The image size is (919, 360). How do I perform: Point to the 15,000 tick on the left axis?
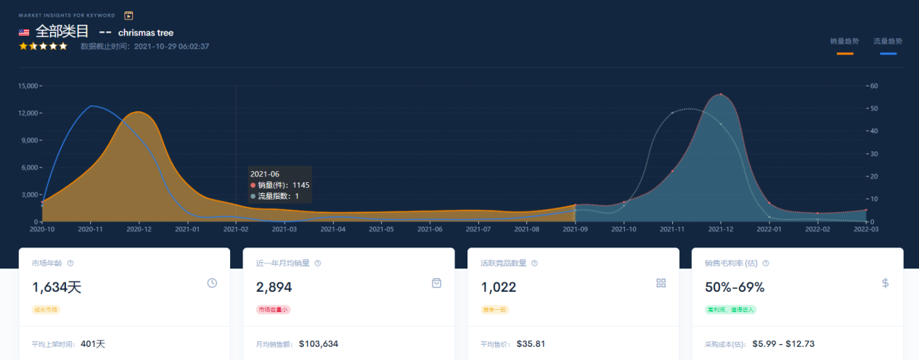(x=28, y=86)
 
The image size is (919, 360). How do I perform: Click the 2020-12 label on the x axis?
(x=139, y=229)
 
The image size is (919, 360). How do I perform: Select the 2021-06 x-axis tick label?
(x=430, y=229)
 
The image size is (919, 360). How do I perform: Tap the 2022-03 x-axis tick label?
(x=866, y=229)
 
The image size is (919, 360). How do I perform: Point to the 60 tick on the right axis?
(x=875, y=86)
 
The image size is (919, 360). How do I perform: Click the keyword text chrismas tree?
(x=146, y=33)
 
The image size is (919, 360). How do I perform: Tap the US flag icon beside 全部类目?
(x=24, y=33)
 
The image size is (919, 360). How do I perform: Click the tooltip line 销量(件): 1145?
(x=283, y=185)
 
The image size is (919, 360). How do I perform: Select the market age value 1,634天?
(x=57, y=287)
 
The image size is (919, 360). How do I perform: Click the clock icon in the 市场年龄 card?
(x=212, y=283)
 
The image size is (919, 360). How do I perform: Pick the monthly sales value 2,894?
(x=274, y=287)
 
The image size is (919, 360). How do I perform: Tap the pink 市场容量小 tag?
(x=273, y=309)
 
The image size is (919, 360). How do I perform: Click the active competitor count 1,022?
(x=499, y=287)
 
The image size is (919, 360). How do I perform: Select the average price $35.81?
(x=531, y=343)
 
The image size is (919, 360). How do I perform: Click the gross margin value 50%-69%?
(x=735, y=287)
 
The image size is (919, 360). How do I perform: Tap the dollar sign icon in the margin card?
(x=886, y=283)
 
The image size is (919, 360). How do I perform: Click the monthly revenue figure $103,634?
(x=319, y=343)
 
